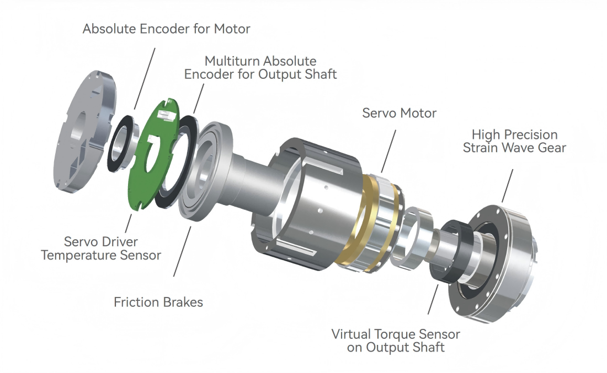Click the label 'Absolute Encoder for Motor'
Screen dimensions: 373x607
point(166,29)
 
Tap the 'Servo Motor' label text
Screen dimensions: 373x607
point(399,113)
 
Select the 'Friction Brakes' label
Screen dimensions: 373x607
point(158,302)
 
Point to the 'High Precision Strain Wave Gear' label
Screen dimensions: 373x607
point(514,141)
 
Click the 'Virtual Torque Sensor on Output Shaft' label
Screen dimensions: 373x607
point(396,340)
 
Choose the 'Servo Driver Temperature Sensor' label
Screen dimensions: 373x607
point(113,248)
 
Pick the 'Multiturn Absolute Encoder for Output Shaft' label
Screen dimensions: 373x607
point(260,67)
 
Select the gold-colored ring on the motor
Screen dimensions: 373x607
point(353,220)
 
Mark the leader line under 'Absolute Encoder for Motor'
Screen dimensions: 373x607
point(145,77)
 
